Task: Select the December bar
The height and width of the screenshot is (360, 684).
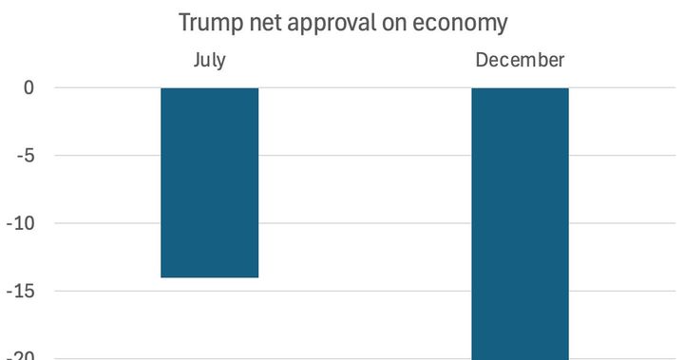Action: (x=520, y=223)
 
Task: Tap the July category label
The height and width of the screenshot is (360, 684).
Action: (x=209, y=61)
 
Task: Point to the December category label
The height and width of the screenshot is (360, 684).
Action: (x=520, y=61)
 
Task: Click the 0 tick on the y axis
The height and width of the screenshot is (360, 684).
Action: (x=28, y=88)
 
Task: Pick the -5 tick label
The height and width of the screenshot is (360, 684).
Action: (x=25, y=156)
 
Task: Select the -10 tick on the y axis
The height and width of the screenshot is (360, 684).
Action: (x=21, y=224)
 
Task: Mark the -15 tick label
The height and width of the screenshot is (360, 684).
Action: (x=21, y=292)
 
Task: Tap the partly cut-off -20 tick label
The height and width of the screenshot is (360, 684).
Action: (x=21, y=356)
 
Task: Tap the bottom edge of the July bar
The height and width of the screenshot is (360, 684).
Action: (x=209, y=276)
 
